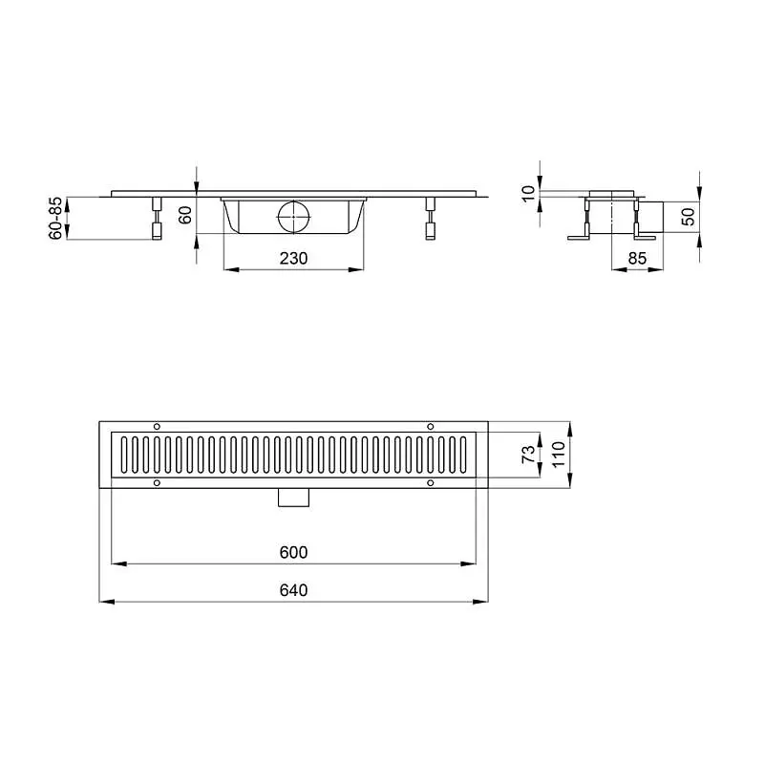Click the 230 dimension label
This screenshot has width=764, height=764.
[x=293, y=258]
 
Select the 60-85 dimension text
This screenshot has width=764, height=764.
[x=56, y=218]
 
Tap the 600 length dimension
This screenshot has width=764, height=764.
[x=293, y=552]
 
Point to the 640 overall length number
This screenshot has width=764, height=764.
[x=293, y=590]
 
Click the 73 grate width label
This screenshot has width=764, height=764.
[x=529, y=455]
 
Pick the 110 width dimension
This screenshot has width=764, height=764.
[x=559, y=455]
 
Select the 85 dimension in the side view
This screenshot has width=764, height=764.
[x=637, y=258]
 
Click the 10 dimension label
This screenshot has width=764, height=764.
[x=528, y=194]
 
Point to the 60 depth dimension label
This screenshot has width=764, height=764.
[x=185, y=215]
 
